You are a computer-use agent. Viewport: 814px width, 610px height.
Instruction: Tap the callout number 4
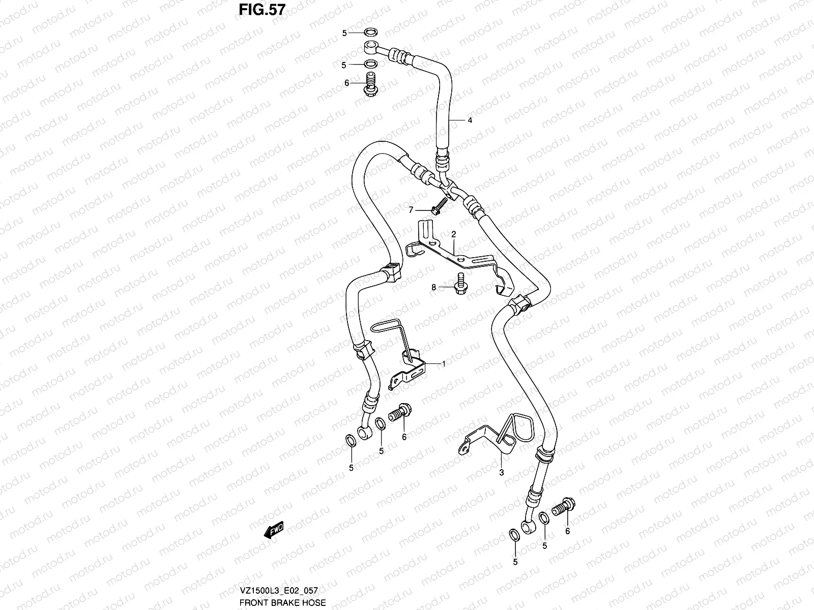click(470, 120)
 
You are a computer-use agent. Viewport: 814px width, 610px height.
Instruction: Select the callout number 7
click(411, 209)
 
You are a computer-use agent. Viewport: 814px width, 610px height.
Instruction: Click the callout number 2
click(452, 234)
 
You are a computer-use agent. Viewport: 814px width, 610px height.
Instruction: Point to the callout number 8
click(433, 288)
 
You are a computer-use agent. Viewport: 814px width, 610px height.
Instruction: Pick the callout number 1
click(443, 364)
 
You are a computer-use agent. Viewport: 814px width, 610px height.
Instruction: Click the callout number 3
click(501, 472)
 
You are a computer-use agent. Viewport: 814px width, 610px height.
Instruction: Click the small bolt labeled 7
click(438, 205)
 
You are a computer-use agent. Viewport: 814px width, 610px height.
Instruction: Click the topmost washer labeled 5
click(370, 33)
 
